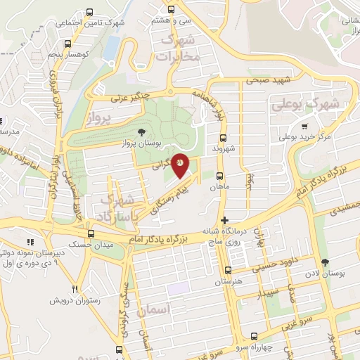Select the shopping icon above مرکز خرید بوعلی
(x=304, y=127)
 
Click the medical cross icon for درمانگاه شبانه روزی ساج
(x=224, y=221)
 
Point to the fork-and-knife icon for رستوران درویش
(x=75, y=289)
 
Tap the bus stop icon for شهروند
(x=223, y=139)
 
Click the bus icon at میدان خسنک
(x=90, y=233)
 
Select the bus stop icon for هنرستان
(x=227, y=271)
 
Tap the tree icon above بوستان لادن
(x=324, y=262)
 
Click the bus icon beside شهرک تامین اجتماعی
(x=89, y=13)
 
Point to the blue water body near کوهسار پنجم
(x=111, y=46)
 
